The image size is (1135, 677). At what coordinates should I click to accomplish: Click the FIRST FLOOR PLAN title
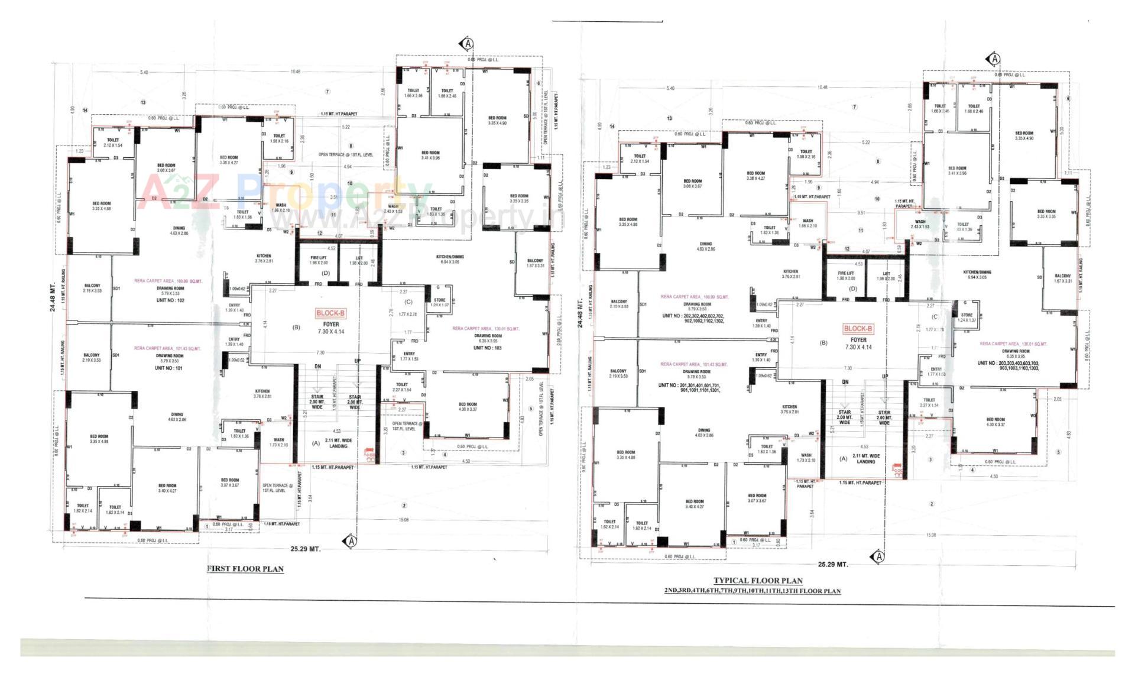coord(245,569)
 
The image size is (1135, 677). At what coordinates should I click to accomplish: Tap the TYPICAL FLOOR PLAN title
coord(758,581)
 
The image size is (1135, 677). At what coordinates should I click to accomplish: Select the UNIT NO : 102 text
coord(170,300)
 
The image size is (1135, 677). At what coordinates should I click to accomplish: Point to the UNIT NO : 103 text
coord(487,348)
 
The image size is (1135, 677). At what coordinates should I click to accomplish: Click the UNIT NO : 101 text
coord(170,368)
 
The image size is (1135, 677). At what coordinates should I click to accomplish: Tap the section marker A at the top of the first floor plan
coord(468,44)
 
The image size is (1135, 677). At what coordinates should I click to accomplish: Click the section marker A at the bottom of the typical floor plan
coord(878,557)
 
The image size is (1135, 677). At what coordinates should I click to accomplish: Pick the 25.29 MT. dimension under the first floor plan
coord(305,549)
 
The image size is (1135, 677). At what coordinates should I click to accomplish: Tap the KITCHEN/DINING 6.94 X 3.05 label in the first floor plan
coord(450,259)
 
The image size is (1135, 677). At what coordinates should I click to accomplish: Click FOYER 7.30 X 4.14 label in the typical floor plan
coord(858,344)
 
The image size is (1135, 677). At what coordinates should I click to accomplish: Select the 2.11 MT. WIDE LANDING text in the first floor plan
coord(338,443)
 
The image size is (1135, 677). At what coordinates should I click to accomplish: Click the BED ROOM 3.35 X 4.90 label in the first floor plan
coord(497,121)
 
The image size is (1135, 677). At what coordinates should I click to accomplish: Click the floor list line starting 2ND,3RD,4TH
coord(752,591)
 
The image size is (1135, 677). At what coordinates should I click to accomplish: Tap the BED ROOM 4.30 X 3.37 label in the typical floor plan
coord(995,422)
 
